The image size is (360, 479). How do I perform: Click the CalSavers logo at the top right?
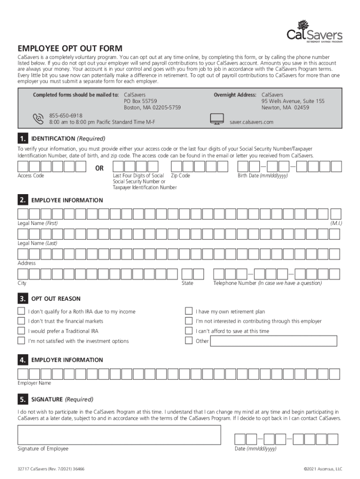pyautogui.click(x=314, y=32)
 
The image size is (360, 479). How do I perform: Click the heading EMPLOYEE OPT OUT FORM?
pyautogui.click(x=70, y=49)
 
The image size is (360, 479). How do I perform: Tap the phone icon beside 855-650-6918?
pyautogui.click(x=38, y=118)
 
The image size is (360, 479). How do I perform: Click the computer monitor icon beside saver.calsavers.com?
pyautogui.click(x=217, y=119)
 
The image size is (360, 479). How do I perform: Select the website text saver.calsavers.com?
pyautogui.click(x=251, y=122)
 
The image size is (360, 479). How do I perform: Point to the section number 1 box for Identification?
pyautogui.click(x=22, y=139)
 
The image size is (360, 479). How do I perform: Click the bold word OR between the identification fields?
pyautogui.click(x=100, y=168)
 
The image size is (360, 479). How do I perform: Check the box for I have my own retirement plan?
pyautogui.click(x=188, y=311)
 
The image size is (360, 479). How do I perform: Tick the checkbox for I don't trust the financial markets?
pyautogui.click(x=21, y=321)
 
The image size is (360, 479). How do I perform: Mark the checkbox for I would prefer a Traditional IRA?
pyautogui.click(x=21, y=331)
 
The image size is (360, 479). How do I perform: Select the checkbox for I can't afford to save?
pyautogui.click(x=188, y=331)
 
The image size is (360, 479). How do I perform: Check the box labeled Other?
pyautogui.click(x=188, y=341)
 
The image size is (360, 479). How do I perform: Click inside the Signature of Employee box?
pyautogui.click(x=119, y=435)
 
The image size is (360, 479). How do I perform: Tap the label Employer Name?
pyautogui.click(x=35, y=383)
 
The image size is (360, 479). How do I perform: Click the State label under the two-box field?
pyautogui.click(x=187, y=283)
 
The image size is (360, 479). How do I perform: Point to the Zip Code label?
pyautogui.click(x=180, y=176)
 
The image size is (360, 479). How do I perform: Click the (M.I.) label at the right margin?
pyautogui.click(x=336, y=223)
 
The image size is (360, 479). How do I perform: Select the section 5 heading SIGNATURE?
pyautogui.click(x=47, y=399)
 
